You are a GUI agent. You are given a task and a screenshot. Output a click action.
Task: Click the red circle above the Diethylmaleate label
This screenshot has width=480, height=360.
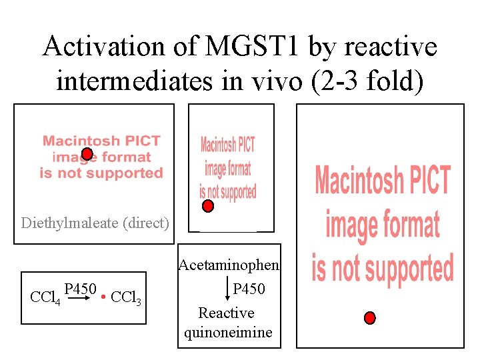pos(87,154)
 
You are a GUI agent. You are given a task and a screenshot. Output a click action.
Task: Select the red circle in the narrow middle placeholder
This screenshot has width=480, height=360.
pos(208,206)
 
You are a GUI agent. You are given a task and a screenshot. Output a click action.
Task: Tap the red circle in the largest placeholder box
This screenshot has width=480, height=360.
pos(370,317)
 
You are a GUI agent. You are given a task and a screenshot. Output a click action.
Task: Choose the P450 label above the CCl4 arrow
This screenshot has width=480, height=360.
pos(81,289)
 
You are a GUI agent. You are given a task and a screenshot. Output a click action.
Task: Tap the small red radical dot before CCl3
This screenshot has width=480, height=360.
pos(104,295)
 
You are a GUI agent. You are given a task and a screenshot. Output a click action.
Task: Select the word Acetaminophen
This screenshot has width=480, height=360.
pos(228,265)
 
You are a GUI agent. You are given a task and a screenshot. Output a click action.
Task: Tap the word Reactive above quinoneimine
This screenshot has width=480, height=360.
pos(226,313)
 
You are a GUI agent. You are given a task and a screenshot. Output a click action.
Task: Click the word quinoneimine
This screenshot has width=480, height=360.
pos(228,332)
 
